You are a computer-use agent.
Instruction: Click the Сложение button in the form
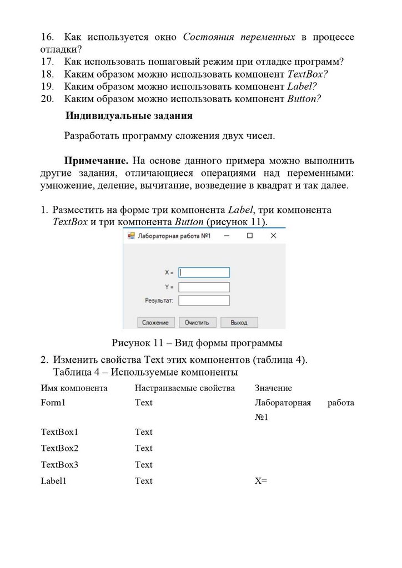click(x=155, y=322)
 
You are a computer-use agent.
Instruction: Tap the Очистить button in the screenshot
click(x=197, y=322)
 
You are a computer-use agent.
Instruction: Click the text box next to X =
click(x=204, y=272)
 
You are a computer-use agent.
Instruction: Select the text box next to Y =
click(x=204, y=287)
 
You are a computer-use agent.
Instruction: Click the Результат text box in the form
click(x=204, y=300)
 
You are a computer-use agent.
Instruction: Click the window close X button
click(x=273, y=236)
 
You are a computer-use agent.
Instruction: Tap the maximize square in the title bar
click(x=250, y=236)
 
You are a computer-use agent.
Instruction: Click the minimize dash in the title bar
click(x=227, y=236)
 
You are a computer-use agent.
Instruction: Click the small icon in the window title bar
click(x=132, y=236)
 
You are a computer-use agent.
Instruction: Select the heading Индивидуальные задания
click(x=129, y=116)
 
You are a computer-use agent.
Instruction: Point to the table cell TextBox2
click(x=59, y=448)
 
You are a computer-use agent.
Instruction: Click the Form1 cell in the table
click(x=53, y=403)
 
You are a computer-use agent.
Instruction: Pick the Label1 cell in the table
click(x=53, y=481)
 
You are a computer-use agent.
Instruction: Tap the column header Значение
click(x=273, y=388)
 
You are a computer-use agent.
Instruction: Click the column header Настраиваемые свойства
click(x=184, y=388)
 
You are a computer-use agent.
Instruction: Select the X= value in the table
click(x=261, y=481)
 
